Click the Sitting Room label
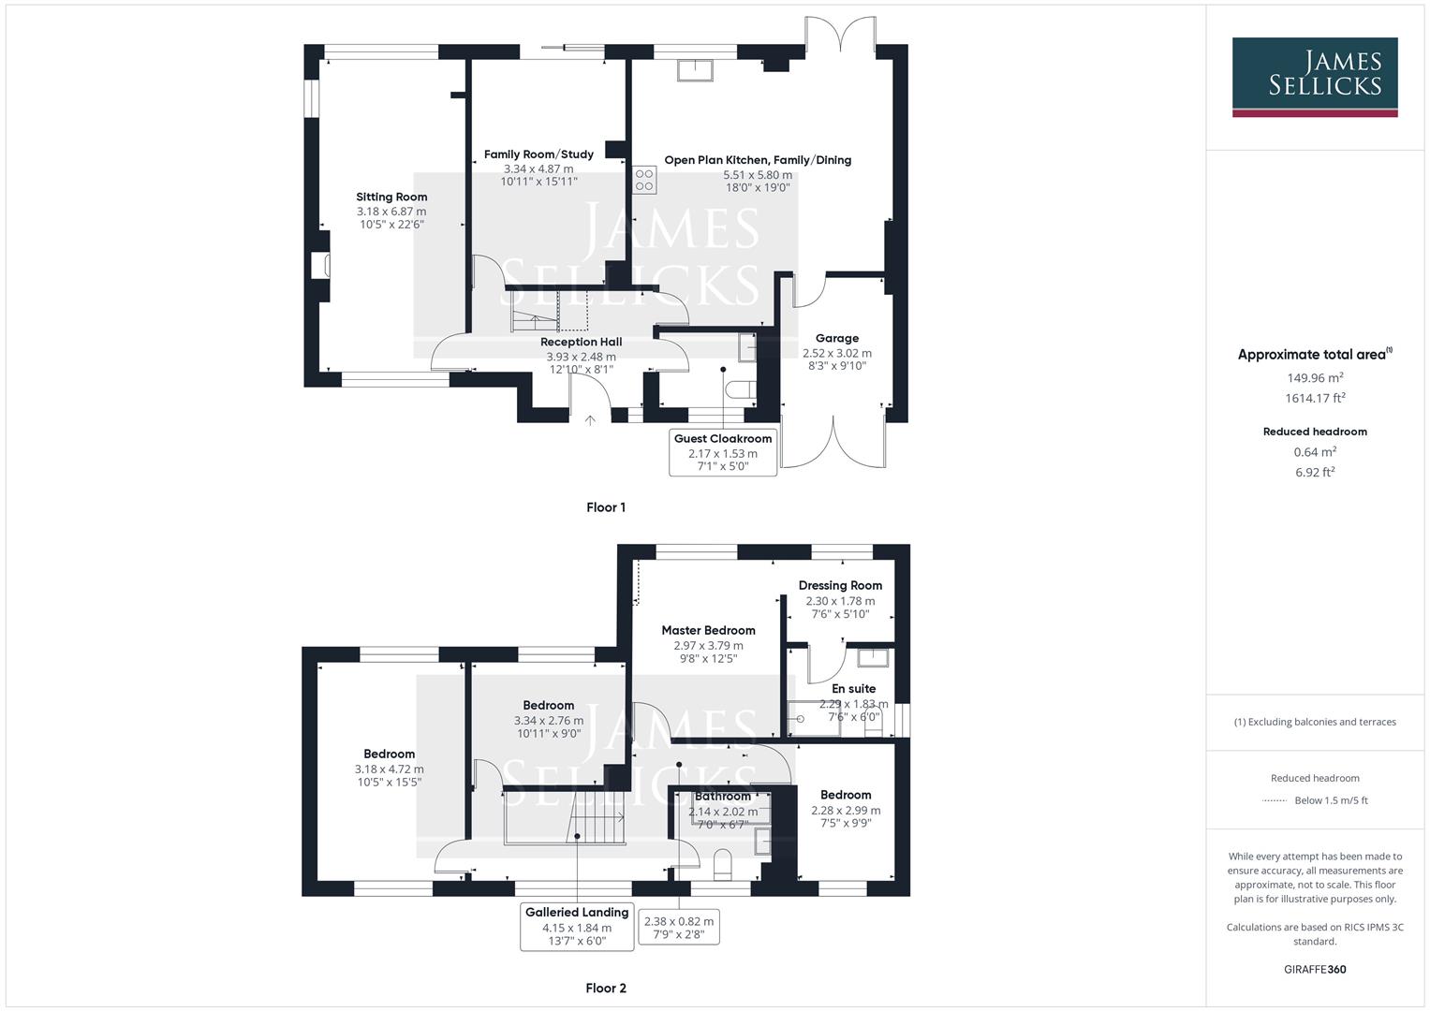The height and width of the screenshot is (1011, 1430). (x=391, y=197)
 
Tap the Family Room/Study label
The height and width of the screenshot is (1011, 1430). (x=538, y=154)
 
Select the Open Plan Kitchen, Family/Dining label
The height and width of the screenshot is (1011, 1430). (x=758, y=160)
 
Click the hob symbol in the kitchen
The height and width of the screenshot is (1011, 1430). (x=644, y=180)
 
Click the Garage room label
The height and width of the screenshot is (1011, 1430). (x=836, y=338)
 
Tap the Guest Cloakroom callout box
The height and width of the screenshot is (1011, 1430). (x=723, y=452)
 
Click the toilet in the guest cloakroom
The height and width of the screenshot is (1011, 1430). (x=742, y=389)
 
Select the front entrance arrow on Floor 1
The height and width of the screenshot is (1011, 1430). (x=590, y=420)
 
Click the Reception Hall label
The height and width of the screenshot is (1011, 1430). (x=581, y=342)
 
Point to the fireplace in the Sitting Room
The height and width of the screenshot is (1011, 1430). (x=320, y=265)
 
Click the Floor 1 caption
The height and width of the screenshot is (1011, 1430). (x=606, y=507)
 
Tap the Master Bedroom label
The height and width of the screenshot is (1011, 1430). (x=708, y=630)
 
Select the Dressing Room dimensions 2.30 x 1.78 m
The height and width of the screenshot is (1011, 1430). (x=840, y=601)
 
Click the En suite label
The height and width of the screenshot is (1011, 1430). (x=853, y=688)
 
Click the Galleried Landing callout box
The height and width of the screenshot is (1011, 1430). (x=577, y=927)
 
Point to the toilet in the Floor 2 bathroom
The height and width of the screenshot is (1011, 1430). (x=722, y=863)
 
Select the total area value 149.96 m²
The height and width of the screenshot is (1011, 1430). (x=1315, y=378)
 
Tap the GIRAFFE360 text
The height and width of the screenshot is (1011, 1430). (x=1315, y=969)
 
